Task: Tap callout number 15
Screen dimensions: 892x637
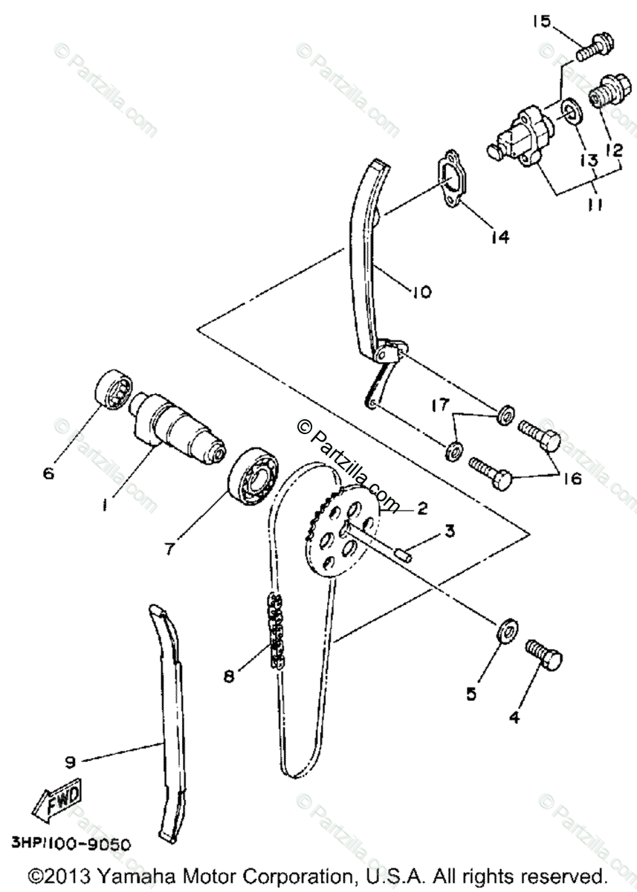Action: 541,22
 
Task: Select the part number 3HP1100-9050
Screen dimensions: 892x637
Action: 71,844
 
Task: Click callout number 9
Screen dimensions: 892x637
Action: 70,761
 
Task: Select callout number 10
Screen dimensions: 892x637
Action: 421,292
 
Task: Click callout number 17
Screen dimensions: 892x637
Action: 439,405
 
